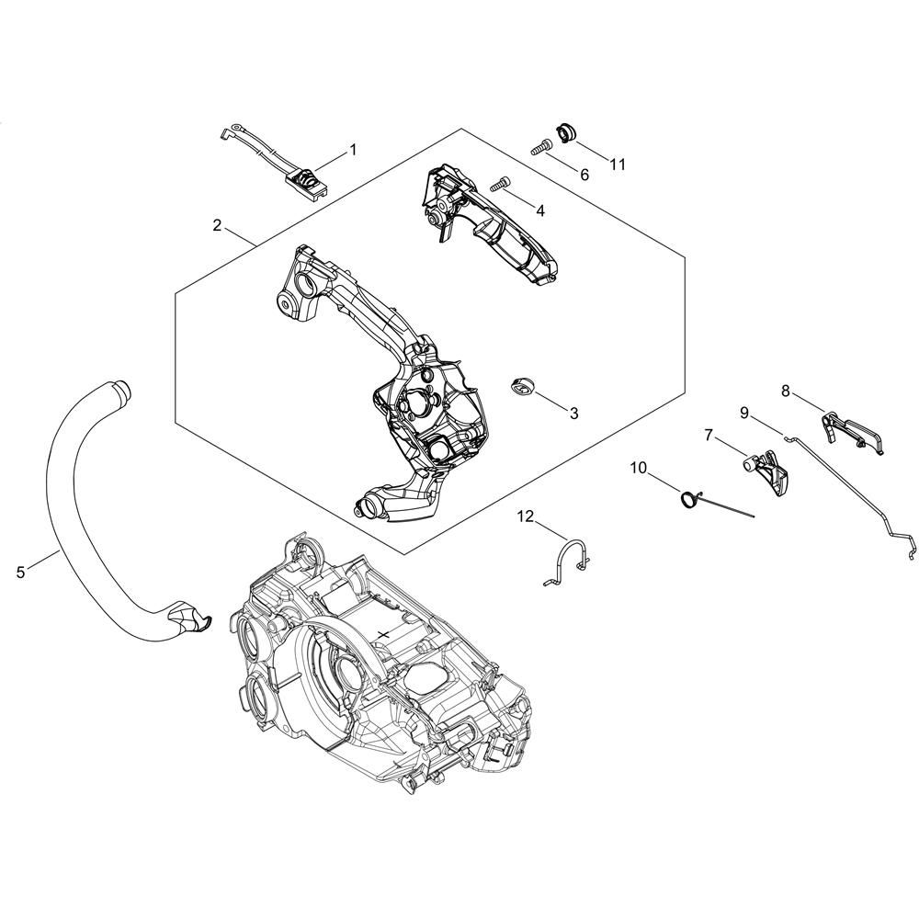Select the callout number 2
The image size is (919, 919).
pos(218,225)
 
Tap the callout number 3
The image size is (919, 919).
pos(573,414)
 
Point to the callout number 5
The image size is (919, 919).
pos(21,572)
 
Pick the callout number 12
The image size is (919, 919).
pos(526,516)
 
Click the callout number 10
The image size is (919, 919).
pos(640,468)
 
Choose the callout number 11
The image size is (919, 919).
pos(618,165)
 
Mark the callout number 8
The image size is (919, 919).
pos(786,391)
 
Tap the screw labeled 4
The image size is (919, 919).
pos(500,184)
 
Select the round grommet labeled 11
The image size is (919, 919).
pos(565,132)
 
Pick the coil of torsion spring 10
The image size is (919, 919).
pos(687,499)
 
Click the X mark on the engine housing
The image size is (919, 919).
pos(384,633)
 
